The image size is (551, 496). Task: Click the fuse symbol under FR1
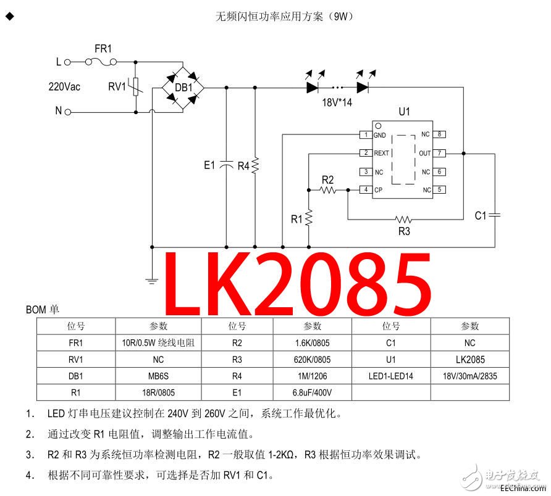[x=101, y=62]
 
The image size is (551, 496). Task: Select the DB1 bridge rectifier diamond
[x=183, y=88]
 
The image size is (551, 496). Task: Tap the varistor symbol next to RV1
[x=136, y=86]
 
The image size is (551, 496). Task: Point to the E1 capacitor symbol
[x=227, y=165]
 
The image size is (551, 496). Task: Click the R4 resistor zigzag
[x=255, y=165]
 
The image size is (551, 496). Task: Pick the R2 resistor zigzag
[x=328, y=190]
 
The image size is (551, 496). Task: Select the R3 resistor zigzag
[x=403, y=220]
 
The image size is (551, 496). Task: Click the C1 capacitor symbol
[x=495, y=215]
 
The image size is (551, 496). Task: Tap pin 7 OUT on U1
[x=439, y=153]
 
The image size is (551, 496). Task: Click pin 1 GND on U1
[x=366, y=134]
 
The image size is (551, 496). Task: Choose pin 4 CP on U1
[x=366, y=189]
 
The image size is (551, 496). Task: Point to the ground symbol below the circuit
[x=152, y=280]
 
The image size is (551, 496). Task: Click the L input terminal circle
[x=67, y=62]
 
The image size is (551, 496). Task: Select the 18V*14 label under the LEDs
[x=337, y=102]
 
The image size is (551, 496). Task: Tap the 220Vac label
[x=64, y=86]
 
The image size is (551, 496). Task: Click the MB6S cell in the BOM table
[x=159, y=376]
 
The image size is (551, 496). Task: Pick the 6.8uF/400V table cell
[x=312, y=392]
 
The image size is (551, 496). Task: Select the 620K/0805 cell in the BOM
[x=312, y=360]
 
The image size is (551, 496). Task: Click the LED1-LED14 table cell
[x=391, y=376]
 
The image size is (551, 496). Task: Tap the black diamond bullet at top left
[x=9, y=16]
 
